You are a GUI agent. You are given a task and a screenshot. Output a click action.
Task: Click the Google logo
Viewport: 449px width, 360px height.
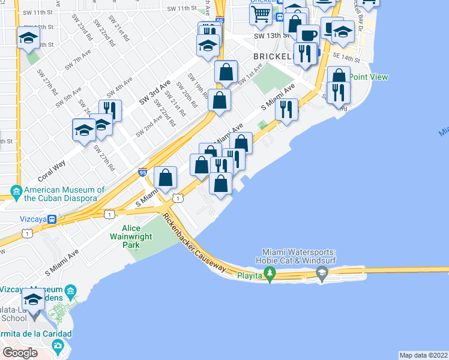pos(20,352)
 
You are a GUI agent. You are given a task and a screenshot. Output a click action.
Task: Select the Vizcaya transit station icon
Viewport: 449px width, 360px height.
pos(53,220)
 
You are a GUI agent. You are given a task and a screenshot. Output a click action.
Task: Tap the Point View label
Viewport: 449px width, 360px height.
pos(369,77)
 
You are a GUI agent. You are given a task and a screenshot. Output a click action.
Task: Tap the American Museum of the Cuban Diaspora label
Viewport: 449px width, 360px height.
pos(64,194)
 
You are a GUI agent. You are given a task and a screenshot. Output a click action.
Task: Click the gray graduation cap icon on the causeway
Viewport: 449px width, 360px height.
pos(322,275)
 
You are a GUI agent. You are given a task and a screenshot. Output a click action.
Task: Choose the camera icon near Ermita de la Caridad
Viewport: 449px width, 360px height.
pos(58,346)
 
